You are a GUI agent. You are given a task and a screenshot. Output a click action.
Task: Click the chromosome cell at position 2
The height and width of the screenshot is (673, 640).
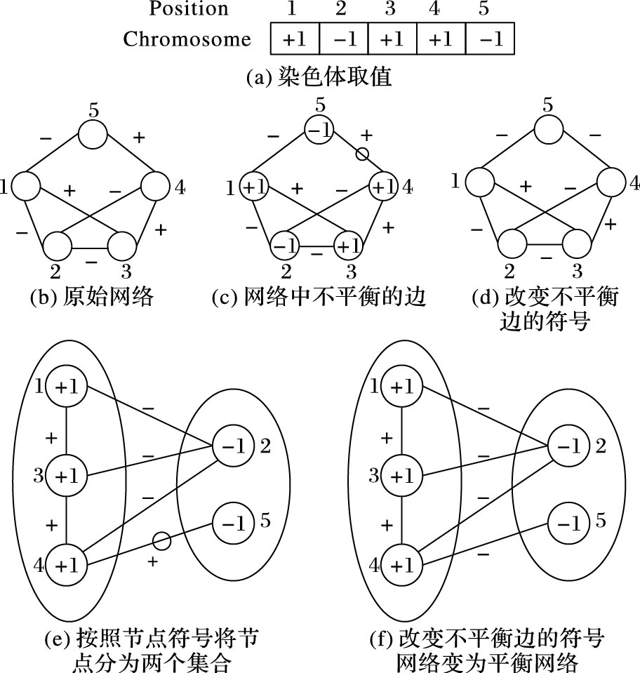pos(344,39)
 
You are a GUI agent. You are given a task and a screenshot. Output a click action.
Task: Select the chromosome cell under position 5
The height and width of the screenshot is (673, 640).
pos(490,39)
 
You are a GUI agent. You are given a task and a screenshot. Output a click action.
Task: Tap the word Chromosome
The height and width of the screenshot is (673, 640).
pos(187,39)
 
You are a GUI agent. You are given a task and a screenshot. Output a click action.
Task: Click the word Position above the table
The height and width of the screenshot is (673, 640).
pos(189,9)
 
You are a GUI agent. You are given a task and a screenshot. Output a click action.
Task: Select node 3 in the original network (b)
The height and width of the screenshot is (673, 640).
pos(122,245)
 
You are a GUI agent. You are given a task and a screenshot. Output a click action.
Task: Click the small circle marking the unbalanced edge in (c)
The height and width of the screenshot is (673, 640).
pos(362,154)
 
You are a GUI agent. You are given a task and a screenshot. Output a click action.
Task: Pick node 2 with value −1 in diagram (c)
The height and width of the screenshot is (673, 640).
pos(284,246)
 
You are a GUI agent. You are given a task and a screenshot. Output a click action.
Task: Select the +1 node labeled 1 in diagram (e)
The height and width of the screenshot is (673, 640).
pos(66,387)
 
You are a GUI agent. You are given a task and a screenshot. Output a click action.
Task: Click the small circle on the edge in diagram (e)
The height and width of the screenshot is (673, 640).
pos(161,540)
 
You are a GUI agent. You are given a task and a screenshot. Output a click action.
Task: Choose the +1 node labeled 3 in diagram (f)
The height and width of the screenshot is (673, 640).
pos(400,475)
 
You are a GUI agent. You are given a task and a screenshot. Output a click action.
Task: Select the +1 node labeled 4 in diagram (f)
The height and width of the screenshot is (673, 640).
pos(400,563)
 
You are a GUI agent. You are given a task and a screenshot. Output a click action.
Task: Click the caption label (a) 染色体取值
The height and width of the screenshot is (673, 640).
pos(319,76)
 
